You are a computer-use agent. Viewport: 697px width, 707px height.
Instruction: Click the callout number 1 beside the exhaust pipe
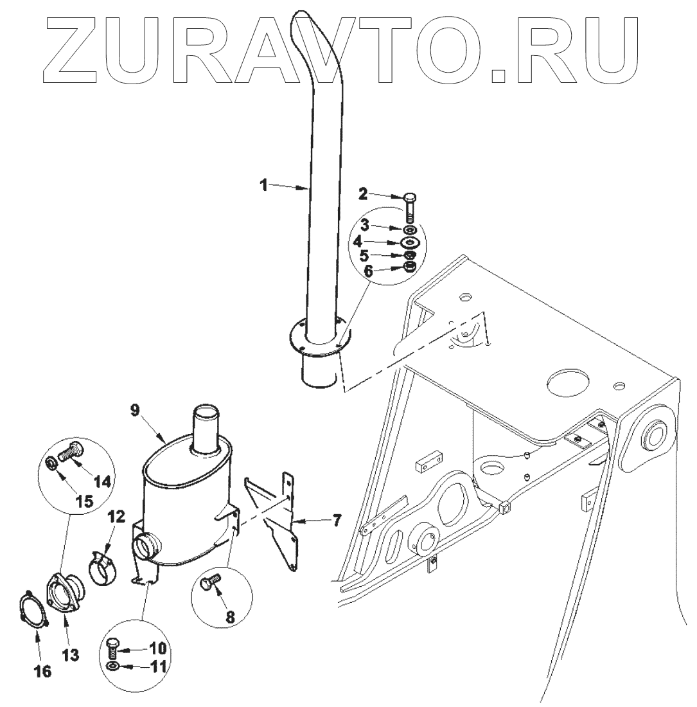pyautogui.click(x=263, y=185)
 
